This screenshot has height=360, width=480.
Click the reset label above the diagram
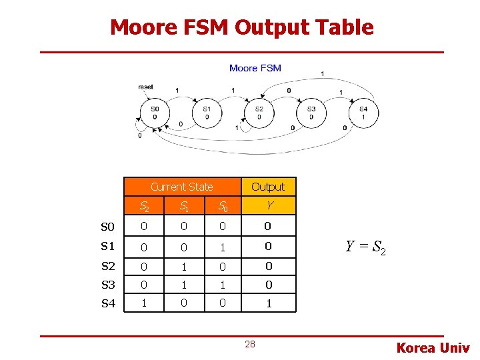(145, 87)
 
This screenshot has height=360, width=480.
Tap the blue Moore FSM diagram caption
(255, 68)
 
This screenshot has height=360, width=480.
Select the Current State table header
(181, 187)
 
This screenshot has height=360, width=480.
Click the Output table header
(268, 187)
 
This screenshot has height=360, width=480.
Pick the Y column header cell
(268, 205)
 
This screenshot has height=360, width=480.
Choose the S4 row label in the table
(108, 303)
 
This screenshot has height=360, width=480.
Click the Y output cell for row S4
(268, 303)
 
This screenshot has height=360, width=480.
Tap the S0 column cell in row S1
(223, 247)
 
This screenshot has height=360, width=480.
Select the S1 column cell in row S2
(182, 266)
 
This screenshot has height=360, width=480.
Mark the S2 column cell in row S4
(143, 303)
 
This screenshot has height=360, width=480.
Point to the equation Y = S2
(365, 248)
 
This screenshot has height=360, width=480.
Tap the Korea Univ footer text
(433, 347)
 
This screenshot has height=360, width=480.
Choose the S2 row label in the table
(108, 266)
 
